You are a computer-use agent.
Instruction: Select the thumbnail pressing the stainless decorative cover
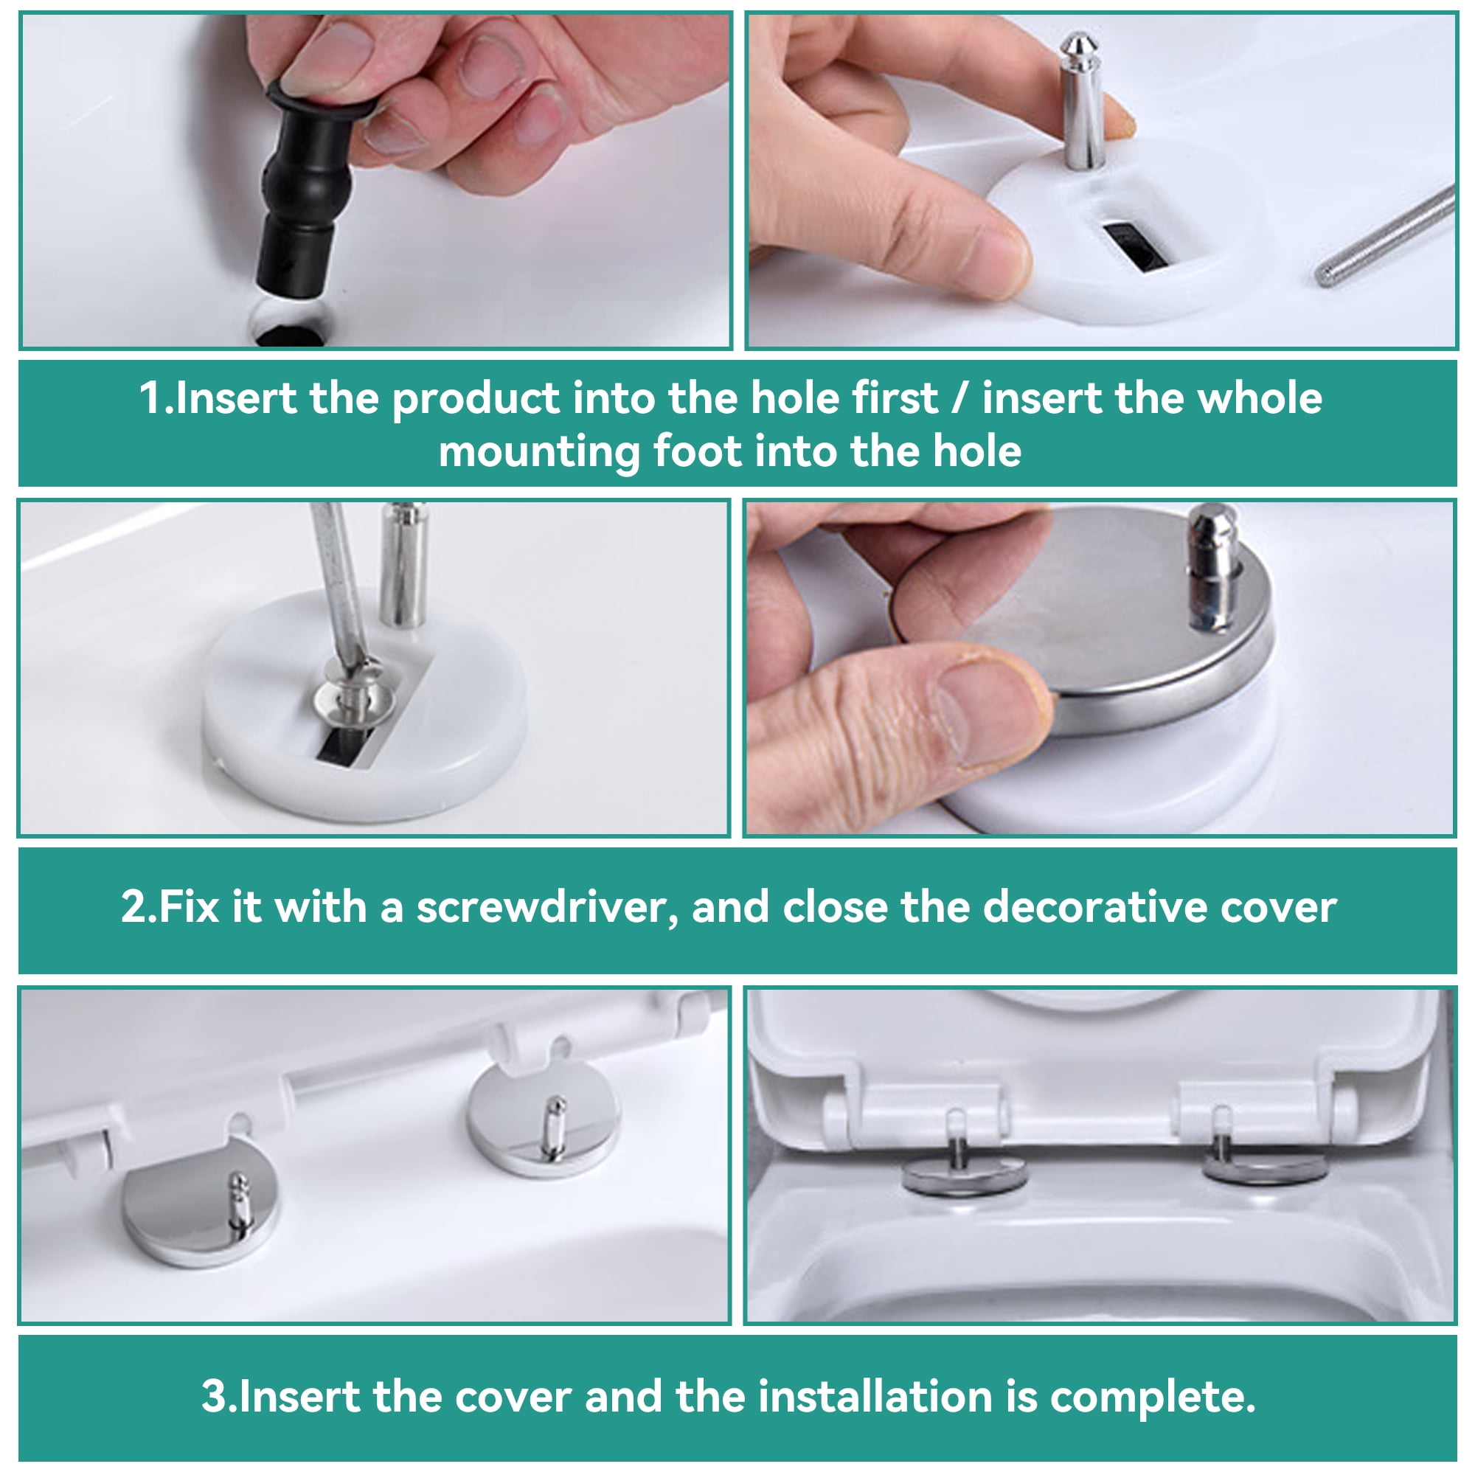(x=993, y=710)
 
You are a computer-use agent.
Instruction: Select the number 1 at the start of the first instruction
(x=150, y=398)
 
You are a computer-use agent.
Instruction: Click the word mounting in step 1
(x=538, y=452)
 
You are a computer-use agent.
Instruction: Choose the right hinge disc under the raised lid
(x=1263, y=1168)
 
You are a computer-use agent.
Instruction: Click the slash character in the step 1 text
(x=959, y=398)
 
